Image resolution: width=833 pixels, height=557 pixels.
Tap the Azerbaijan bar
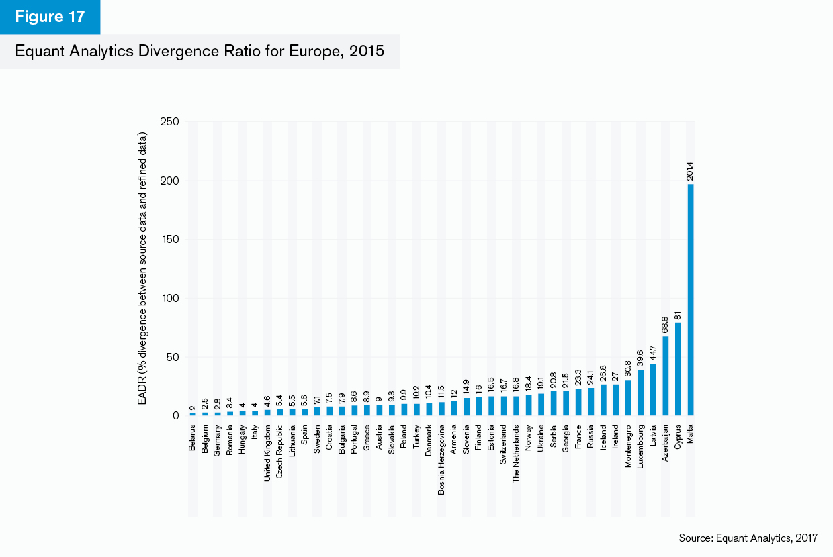666,376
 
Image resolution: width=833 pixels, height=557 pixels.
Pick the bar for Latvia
654,390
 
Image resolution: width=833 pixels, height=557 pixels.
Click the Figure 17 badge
50,17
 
